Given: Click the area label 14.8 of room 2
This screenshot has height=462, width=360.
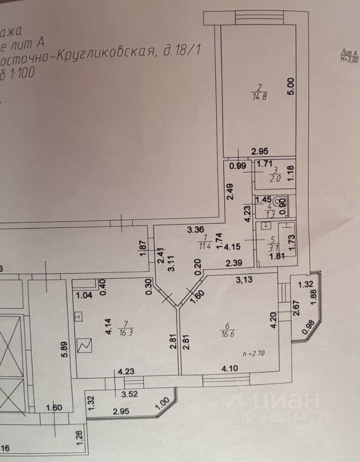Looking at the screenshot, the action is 259,96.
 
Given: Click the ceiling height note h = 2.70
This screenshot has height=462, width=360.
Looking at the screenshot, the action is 254,354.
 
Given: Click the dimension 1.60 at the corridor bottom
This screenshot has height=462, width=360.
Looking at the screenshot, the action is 54,409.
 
